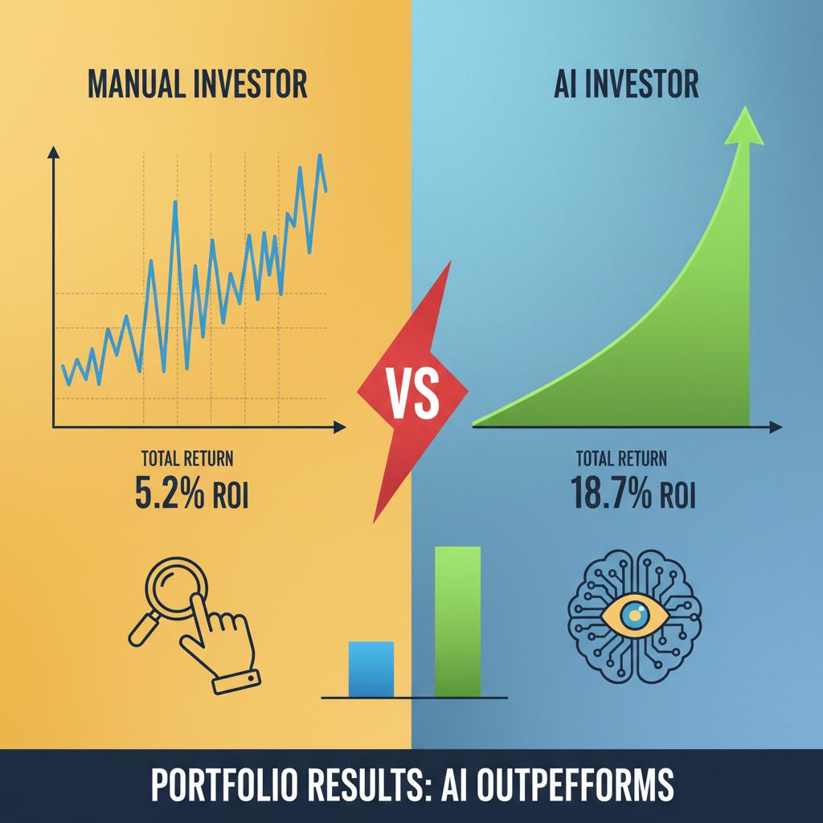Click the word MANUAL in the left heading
click(x=135, y=84)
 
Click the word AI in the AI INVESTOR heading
click(x=565, y=84)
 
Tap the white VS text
click(x=412, y=394)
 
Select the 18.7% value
click(x=611, y=493)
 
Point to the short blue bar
click(x=371, y=669)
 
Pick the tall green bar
click(x=457, y=622)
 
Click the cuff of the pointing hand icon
click(x=237, y=682)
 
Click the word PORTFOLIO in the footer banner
click(x=220, y=785)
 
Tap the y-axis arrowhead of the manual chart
click(x=53, y=152)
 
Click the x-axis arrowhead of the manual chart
click(x=340, y=428)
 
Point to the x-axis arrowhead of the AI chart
click(x=776, y=428)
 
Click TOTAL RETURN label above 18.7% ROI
click(x=621, y=459)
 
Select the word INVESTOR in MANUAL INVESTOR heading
click(x=251, y=84)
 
